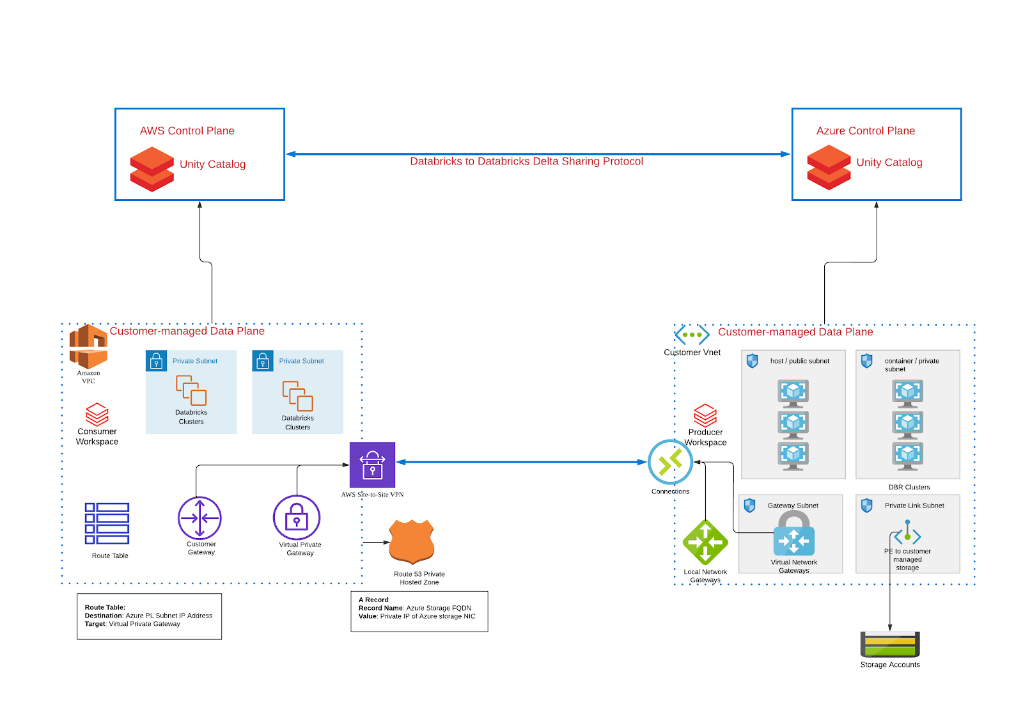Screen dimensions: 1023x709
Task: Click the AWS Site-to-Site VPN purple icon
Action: point(372,465)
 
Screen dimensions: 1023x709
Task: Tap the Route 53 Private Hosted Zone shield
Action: point(412,542)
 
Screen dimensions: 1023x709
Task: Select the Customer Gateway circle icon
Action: point(199,518)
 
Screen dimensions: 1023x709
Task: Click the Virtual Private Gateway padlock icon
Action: point(297,518)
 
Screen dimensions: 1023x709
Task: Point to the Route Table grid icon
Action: point(107,523)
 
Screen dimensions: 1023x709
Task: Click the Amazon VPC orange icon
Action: point(88,346)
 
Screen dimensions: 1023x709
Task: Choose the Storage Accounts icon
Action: point(890,644)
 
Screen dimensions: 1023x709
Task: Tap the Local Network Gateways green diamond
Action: point(705,542)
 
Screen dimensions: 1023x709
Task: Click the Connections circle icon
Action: point(670,462)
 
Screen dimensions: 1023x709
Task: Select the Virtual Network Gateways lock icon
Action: point(793,533)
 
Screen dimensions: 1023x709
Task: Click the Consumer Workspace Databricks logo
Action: point(97,414)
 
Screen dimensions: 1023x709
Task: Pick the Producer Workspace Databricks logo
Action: point(705,415)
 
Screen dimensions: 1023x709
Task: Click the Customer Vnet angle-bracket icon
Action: point(692,335)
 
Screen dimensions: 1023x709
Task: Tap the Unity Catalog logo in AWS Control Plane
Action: point(152,169)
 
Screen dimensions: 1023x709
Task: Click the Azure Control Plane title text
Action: point(866,131)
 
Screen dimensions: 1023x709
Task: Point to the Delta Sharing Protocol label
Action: point(526,161)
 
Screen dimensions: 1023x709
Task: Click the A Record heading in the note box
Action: point(373,600)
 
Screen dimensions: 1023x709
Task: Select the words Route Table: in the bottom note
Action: point(105,607)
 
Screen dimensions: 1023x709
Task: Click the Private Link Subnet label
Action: point(914,506)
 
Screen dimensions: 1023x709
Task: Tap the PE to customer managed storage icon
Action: point(907,532)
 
